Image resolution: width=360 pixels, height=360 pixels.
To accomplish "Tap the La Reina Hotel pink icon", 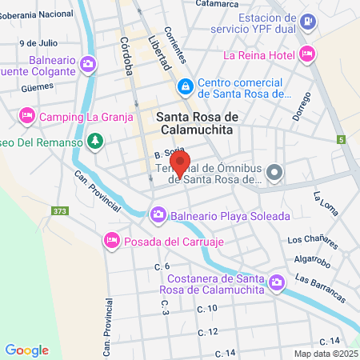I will tap(308, 54).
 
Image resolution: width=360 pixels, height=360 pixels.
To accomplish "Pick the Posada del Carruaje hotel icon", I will tap(111, 240).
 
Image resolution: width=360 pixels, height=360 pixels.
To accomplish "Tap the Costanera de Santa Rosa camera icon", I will tap(277, 282).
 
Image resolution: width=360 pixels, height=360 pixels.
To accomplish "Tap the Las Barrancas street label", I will tap(319, 288).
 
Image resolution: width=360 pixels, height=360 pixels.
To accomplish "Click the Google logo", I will tap(26, 350).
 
